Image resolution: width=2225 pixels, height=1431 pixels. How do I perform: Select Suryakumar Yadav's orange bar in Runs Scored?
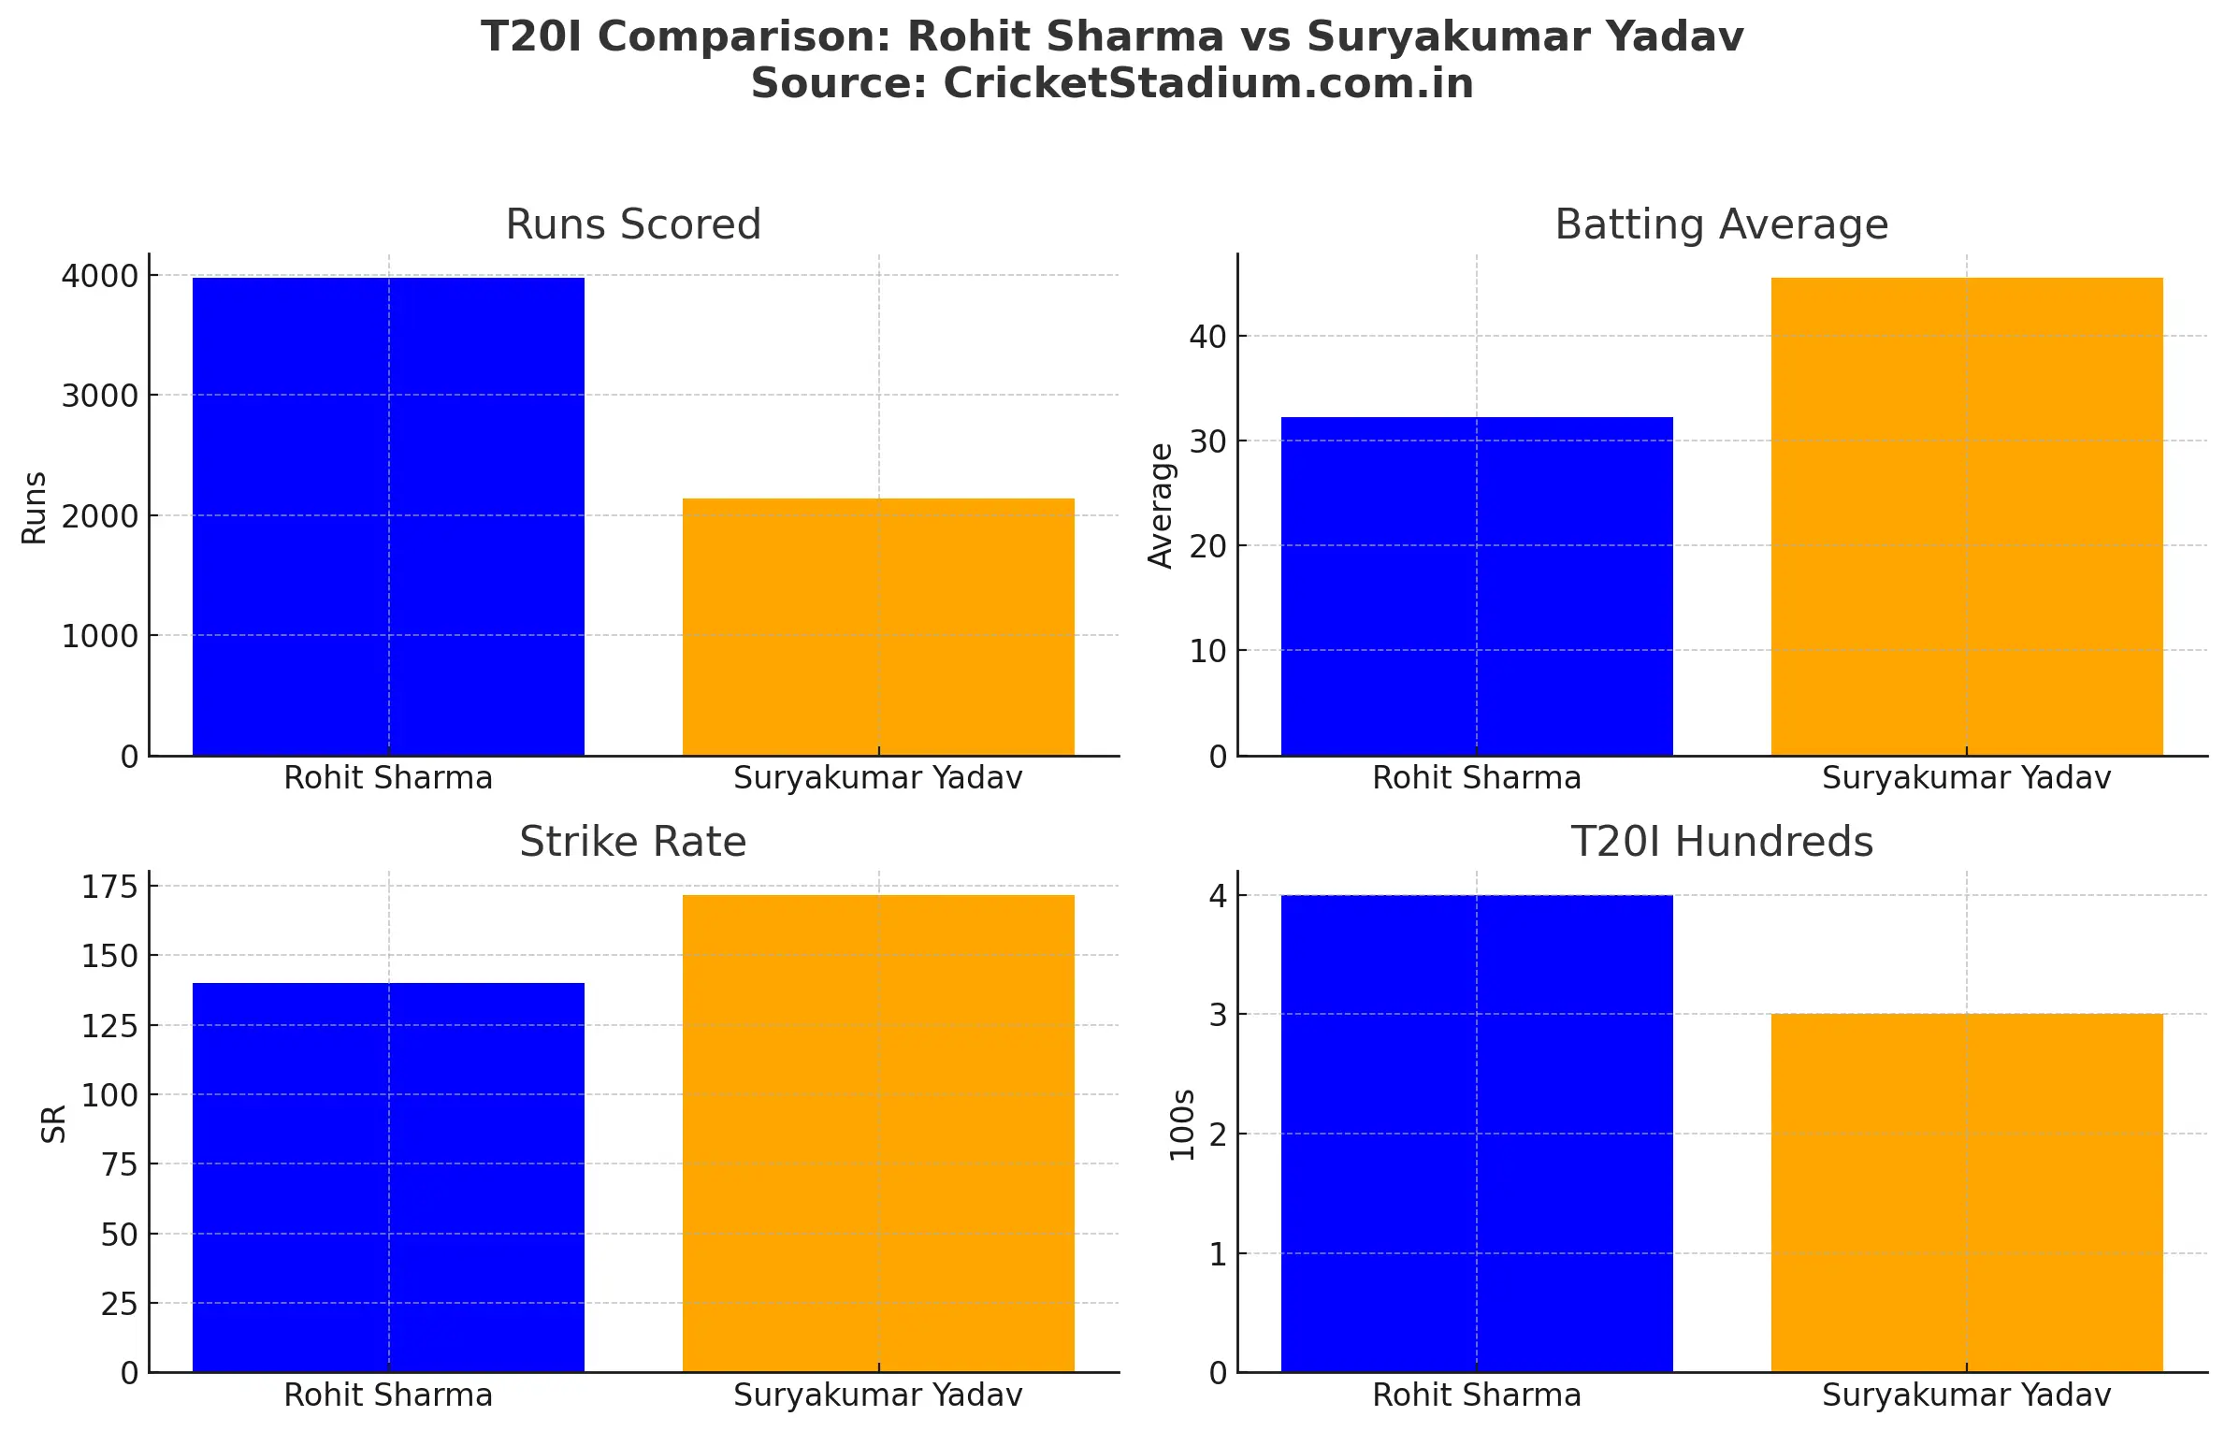pos(878,627)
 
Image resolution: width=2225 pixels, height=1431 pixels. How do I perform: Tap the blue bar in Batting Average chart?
pos(1476,586)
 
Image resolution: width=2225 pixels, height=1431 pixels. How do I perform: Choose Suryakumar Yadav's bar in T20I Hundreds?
pos(1966,1192)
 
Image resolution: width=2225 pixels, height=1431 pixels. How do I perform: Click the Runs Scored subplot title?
pos(633,224)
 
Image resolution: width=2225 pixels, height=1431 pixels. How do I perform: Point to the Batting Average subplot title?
pos(1721,224)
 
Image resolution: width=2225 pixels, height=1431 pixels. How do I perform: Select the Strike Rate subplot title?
pos(633,842)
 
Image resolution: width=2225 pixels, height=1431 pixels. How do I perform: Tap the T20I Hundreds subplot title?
pos(1721,842)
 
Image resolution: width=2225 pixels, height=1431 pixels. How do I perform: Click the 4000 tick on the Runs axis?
pos(99,276)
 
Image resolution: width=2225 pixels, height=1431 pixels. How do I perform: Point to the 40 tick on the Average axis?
pos(1207,337)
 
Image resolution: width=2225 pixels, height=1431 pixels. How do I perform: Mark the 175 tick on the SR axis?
pos(109,887)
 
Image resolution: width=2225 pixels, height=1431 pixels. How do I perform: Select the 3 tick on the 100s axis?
pos(1217,1015)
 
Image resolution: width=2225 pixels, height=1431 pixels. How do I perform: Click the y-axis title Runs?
pos(35,507)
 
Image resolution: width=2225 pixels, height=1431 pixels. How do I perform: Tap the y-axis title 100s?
pos(1182,1124)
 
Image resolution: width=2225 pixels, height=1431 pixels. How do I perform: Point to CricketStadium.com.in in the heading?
pos(1207,83)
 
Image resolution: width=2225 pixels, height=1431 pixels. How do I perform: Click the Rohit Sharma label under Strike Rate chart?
pos(388,1395)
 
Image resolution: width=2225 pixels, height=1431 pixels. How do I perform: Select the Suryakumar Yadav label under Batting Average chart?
pos(1966,778)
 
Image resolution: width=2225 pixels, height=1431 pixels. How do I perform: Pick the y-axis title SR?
pos(54,1123)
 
